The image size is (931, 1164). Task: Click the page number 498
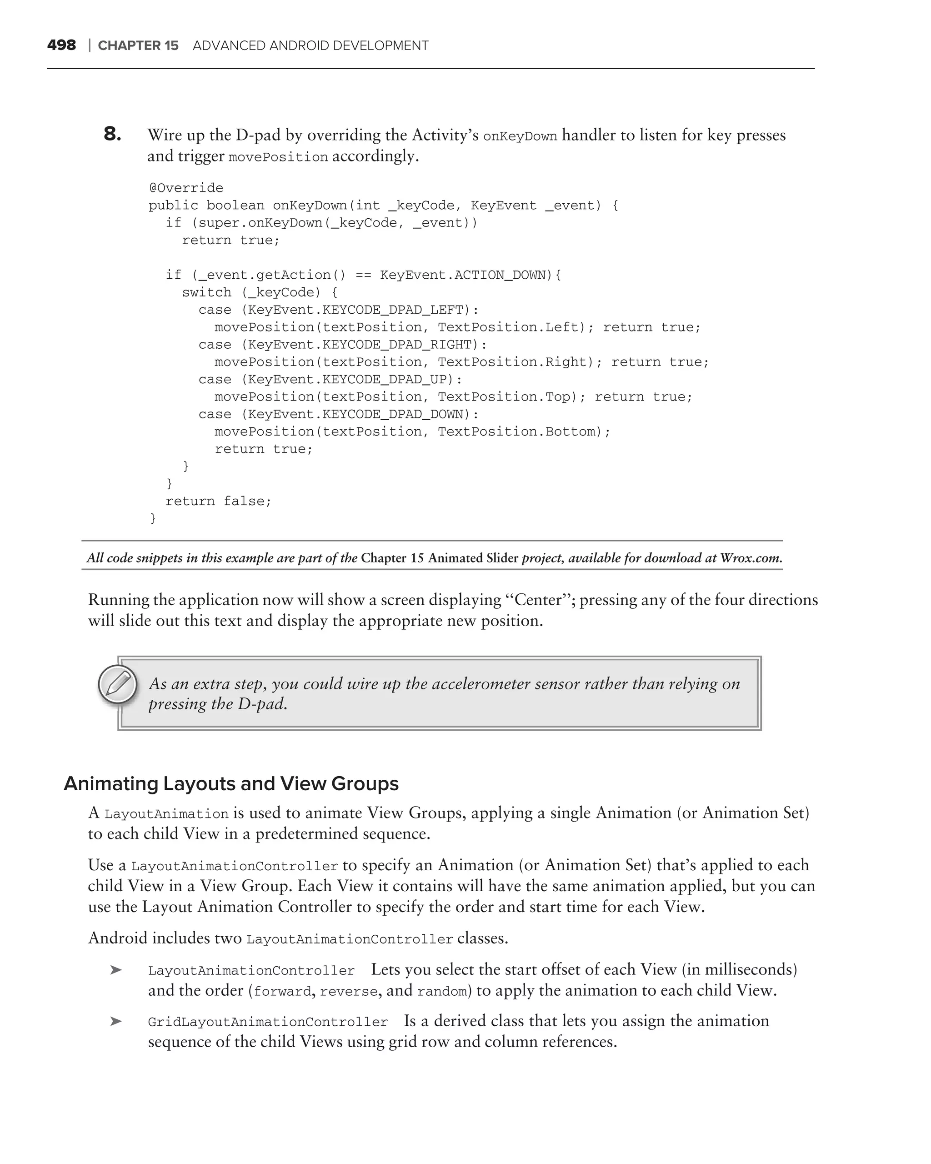pyautogui.click(x=61, y=45)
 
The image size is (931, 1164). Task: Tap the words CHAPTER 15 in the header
pyautogui.click(x=138, y=45)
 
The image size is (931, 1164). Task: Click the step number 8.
pyautogui.click(x=112, y=134)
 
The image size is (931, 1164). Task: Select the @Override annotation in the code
pyautogui.click(x=185, y=188)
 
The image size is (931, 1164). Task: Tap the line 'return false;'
pyautogui.click(x=218, y=501)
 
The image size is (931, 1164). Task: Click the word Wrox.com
pyautogui.click(x=751, y=558)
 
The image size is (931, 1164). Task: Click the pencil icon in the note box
pyautogui.click(x=118, y=684)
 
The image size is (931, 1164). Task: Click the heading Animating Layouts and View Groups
pyautogui.click(x=231, y=783)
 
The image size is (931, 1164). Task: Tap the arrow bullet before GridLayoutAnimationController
pyautogui.click(x=115, y=1022)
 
